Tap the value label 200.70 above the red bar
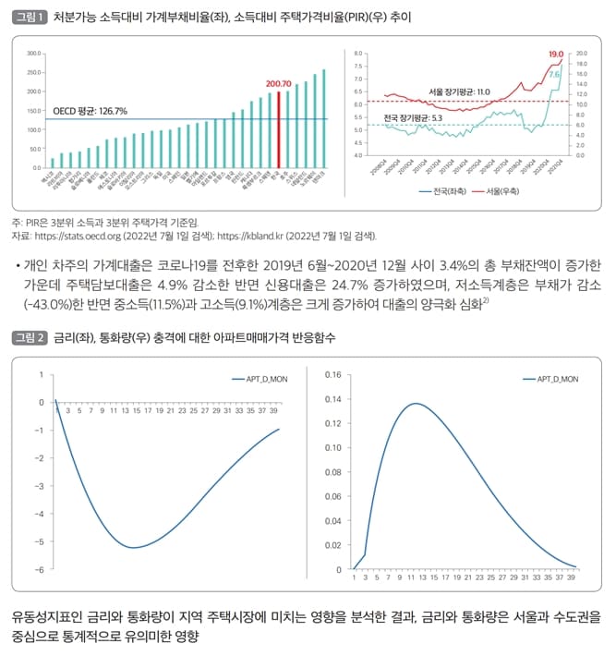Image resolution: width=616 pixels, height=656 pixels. tap(278, 84)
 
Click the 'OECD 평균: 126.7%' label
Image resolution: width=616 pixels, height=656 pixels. tap(91, 111)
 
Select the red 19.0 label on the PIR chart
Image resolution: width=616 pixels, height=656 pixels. tap(555, 55)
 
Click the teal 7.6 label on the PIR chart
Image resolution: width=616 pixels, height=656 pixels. tap(555, 73)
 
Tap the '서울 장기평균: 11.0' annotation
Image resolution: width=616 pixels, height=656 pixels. tap(459, 92)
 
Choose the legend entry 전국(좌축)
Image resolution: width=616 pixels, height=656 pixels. tap(433, 191)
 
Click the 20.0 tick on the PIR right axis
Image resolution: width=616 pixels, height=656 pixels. tap(582, 55)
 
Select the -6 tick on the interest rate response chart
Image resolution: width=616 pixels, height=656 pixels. tap(40, 569)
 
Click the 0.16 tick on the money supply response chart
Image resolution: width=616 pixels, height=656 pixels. tap(332, 375)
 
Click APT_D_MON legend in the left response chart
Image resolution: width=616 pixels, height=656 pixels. tap(255, 380)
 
